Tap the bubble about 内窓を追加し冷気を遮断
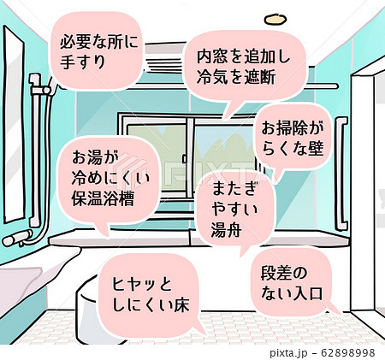click(x=244, y=64)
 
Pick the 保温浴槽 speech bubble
click(x=105, y=180)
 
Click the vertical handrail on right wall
click(x=342, y=158)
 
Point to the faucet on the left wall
click(x=19, y=234)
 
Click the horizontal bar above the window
click(x=317, y=86)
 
